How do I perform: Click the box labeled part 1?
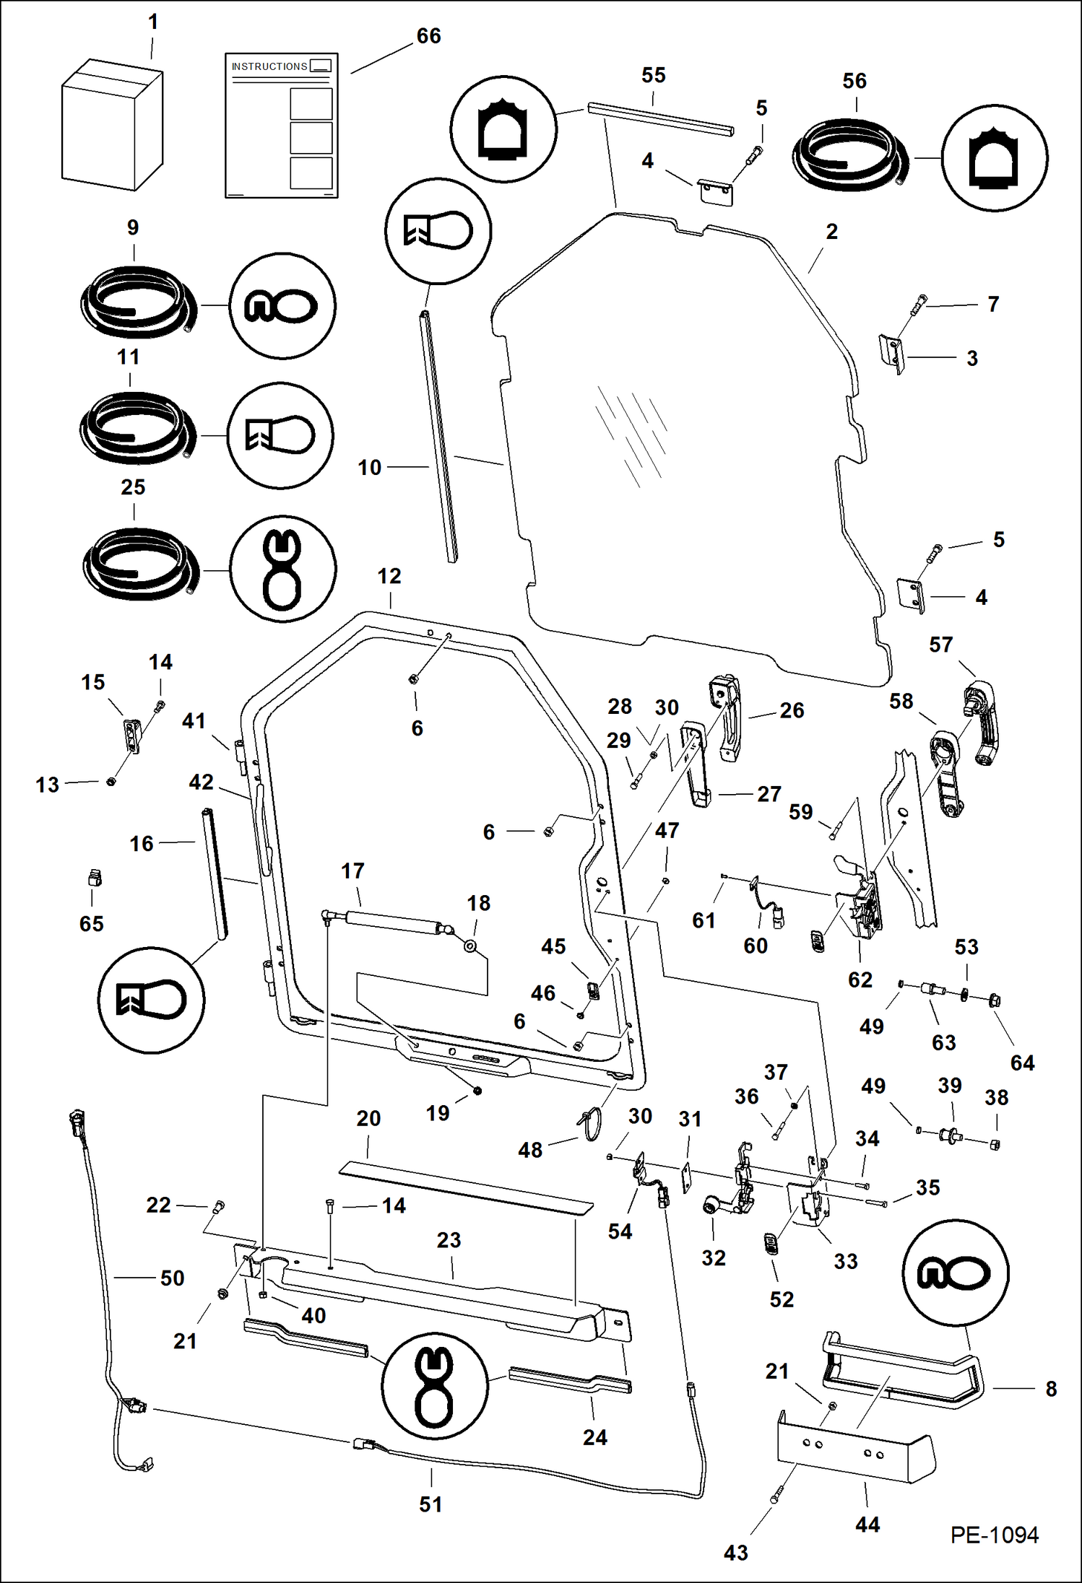pos(112,126)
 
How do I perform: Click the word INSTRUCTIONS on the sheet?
pos(269,66)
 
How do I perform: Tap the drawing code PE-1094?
pos(994,1535)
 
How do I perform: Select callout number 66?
pos(428,36)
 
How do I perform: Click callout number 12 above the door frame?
pos(389,576)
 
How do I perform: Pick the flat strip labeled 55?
pos(660,119)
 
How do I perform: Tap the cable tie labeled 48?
pos(591,1124)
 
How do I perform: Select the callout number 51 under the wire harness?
pos(430,1504)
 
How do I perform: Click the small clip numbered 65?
pos(92,878)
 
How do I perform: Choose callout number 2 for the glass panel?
pos(831,232)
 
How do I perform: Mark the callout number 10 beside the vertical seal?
pos(369,468)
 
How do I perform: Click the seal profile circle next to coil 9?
pos(282,305)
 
